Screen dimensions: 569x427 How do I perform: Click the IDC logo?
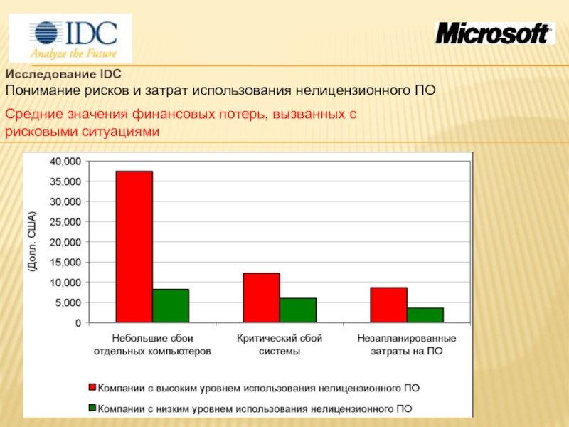click(70, 38)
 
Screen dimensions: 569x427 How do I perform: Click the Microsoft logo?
click(495, 33)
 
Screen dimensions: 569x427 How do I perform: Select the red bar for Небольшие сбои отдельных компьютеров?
click(134, 246)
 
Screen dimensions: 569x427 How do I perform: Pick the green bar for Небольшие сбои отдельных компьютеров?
click(171, 306)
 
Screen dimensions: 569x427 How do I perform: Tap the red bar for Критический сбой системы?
click(261, 297)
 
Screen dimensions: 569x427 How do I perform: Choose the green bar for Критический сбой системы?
click(298, 310)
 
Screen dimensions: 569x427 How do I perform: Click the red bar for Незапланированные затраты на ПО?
click(388, 305)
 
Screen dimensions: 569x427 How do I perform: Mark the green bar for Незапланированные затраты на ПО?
click(425, 315)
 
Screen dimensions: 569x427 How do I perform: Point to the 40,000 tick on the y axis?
click(65, 162)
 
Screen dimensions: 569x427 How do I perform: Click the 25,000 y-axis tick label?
click(65, 222)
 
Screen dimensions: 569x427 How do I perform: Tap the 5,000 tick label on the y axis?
click(68, 302)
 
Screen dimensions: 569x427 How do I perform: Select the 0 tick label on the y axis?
click(78, 323)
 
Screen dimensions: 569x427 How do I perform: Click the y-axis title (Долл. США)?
click(32, 241)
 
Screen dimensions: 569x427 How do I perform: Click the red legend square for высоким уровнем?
click(92, 387)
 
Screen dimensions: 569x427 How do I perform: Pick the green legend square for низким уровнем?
click(92, 408)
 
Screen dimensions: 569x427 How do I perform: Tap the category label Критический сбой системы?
click(280, 344)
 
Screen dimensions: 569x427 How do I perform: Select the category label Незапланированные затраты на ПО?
click(407, 344)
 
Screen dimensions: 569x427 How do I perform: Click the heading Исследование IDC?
click(63, 74)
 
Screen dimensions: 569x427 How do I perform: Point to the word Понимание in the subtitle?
click(43, 90)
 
